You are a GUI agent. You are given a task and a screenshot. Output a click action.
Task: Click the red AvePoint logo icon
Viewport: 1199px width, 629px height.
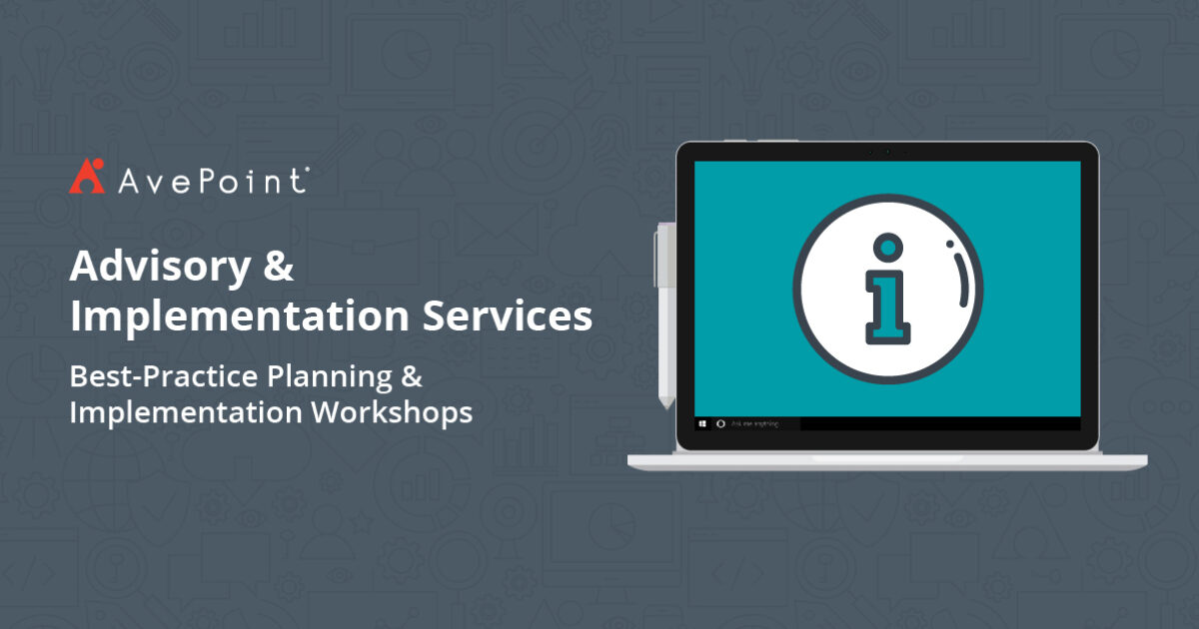pos(87,177)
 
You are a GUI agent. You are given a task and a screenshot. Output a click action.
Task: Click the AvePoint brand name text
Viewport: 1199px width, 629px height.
pos(210,180)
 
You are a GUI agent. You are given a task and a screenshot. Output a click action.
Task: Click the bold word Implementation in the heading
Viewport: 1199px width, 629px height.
pos(240,315)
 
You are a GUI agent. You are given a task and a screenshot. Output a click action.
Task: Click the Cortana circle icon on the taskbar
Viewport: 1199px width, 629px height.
pos(720,423)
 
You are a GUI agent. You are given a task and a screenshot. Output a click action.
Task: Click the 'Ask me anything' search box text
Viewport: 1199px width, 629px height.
pos(754,423)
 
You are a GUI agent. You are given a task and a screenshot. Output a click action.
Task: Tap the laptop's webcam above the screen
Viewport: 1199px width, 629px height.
pos(887,152)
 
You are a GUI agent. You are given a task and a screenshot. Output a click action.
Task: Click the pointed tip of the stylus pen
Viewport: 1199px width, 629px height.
pos(664,404)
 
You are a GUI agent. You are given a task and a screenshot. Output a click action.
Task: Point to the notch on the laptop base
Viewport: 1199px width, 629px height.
pos(887,459)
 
